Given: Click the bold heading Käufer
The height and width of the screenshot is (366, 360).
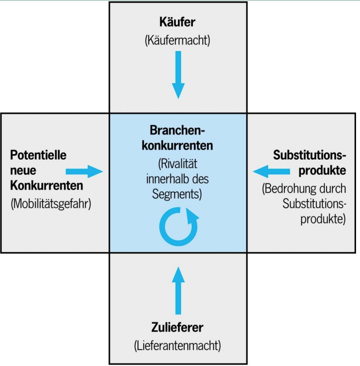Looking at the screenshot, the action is coord(177,22).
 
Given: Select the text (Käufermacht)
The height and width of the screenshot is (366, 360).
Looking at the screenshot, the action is coord(178,40).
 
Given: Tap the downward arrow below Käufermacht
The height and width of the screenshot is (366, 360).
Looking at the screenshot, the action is coord(178,75).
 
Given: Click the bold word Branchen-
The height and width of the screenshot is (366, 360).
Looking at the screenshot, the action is coord(177,130).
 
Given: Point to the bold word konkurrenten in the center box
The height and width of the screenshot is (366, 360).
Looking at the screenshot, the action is coord(177,146).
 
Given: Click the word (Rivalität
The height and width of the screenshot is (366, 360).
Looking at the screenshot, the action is coord(178,164).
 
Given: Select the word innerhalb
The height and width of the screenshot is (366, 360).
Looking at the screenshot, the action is coord(166,179).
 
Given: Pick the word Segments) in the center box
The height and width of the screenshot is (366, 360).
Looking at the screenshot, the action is coord(177,194).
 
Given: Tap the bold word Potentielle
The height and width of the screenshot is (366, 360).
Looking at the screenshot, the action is coord(38,155).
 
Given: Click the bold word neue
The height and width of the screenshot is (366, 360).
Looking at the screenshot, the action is coord(23,171).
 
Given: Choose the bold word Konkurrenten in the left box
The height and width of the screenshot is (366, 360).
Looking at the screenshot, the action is coord(47,186).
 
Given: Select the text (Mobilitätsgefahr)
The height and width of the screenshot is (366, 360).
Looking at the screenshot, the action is coord(51,204).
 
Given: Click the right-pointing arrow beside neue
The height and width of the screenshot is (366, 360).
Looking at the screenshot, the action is coord(84,172).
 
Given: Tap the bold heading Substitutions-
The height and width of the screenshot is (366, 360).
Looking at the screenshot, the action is coord(309,155).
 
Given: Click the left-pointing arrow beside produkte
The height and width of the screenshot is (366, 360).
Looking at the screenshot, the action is coord(271,172).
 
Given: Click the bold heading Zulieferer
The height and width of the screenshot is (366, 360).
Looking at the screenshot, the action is coord(177,327).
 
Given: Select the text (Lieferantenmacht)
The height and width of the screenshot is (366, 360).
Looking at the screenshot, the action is coord(178,346).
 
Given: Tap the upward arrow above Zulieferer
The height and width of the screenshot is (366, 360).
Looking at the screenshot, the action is coord(178,291).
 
